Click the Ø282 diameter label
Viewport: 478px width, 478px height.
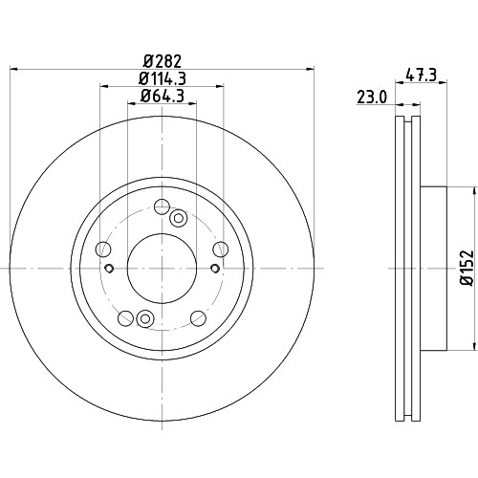click(x=163, y=61)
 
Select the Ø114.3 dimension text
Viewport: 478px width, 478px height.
click(x=163, y=78)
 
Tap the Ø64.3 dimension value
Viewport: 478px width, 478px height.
click(x=163, y=96)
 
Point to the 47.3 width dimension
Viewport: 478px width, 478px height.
click(x=421, y=76)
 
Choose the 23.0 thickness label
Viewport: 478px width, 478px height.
click(x=372, y=98)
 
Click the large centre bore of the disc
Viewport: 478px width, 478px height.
click(x=162, y=269)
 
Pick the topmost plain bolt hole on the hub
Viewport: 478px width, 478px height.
click(x=162, y=206)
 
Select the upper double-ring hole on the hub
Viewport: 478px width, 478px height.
click(x=179, y=218)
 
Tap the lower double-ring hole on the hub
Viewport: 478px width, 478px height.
click(x=145, y=318)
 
